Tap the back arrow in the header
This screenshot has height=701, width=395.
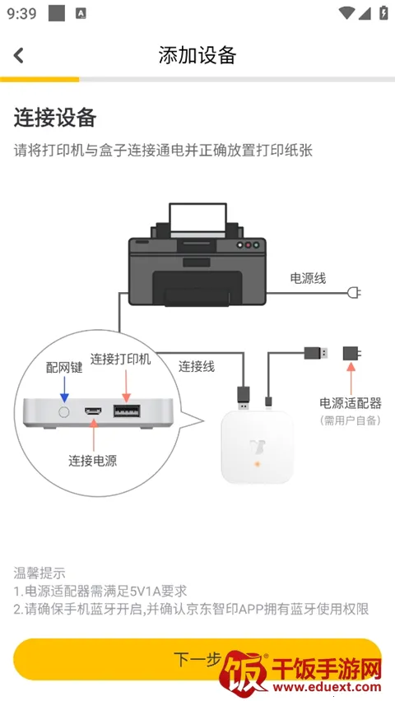pos(19,55)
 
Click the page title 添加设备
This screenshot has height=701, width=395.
pos(197,55)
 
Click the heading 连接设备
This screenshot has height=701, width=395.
pos(55,118)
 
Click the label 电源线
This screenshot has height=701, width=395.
pos(308,278)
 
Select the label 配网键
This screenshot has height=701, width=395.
pos(64,368)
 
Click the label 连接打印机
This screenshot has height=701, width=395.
pos(121,360)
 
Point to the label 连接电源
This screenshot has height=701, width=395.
pos(92,461)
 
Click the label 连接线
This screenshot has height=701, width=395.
pos(197,366)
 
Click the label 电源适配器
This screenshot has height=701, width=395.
pos(351,403)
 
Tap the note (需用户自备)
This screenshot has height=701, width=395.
pos(351,420)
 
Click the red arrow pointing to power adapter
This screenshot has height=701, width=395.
pos(351,379)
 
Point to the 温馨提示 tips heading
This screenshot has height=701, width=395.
pos(39,573)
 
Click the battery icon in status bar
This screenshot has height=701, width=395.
pos(383,13)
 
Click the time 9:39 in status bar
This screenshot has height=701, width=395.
pos(22,13)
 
